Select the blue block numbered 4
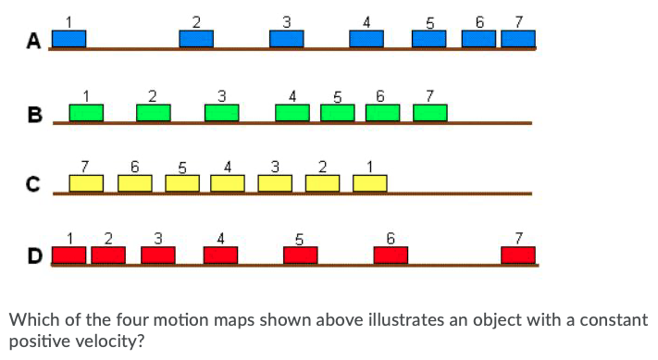coord(366,39)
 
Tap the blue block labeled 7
coord(517,39)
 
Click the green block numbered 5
coord(338,112)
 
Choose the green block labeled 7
coord(429,112)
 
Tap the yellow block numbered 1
coord(369,183)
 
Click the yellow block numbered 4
coord(228,183)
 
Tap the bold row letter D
coord(35,254)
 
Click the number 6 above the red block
coord(391,238)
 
